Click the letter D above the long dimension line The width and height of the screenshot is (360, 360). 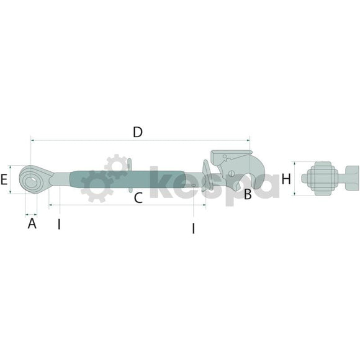click(138, 132)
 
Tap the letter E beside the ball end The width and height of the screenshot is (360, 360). click(4, 179)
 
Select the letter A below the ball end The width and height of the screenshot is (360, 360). click(32, 223)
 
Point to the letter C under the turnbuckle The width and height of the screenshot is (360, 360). click(138, 198)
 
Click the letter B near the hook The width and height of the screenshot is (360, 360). click(248, 194)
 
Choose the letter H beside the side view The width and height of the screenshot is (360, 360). click(286, 179)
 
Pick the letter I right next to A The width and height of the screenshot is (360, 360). click(59, 224)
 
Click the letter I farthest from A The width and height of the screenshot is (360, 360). click(194, 228)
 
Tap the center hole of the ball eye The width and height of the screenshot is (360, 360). click(31, 182)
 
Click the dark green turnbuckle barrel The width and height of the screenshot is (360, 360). click(127, 180)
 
